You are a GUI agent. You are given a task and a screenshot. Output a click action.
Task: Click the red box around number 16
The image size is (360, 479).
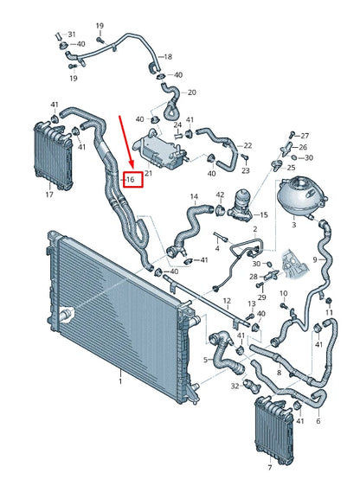[132, 180]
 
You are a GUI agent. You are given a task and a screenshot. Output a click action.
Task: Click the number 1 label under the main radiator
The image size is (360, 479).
[120, 378]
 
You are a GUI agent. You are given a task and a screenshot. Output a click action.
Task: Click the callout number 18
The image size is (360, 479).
[168, 55]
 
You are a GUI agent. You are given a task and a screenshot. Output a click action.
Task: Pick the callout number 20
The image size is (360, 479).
[191, 93]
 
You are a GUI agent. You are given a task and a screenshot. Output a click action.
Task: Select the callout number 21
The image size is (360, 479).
[148, 174]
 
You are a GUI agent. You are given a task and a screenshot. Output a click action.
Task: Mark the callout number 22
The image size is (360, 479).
[247, 145]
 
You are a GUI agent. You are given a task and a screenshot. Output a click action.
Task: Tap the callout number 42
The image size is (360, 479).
[220, 195]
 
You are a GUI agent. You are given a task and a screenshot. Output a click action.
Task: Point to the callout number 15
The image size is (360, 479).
[263, 214]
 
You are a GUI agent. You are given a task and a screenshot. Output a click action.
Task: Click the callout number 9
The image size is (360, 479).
[338, 259]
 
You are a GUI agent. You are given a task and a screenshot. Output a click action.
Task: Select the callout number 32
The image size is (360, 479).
[235, 387]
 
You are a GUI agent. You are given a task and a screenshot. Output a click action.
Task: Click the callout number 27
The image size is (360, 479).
[304, 136]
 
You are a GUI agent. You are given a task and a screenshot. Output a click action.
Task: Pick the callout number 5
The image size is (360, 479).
[205, 360]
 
